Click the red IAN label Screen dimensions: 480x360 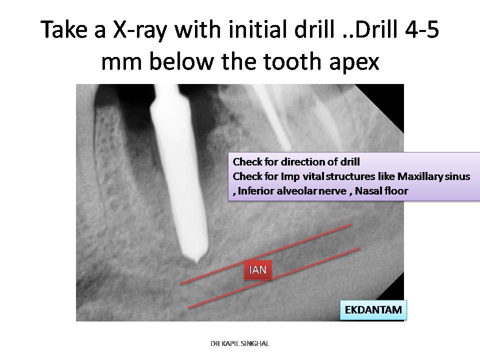pyautogui.click(x=258, y=269)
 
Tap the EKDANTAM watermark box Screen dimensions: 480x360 pyautogui.click(x=373, y=310)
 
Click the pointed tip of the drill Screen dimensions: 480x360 pyautogui.click(x=196, y=262)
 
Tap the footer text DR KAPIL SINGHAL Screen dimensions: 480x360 pyautogui.click(x=240, y=343)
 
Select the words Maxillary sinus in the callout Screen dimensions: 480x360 pyautogui.click(x=434, y=176)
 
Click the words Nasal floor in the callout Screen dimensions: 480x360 pyautogui.click(x=381, y=191)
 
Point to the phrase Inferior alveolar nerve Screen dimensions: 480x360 pyautogui.click(x=292, y=191)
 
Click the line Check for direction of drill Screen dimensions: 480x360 pyautogui.click(x=296, y=162)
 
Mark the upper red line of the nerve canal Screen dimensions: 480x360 pyautogui.click(x=266, y=254)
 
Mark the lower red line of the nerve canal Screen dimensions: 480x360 pyautogui.click(x=274, y=278)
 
